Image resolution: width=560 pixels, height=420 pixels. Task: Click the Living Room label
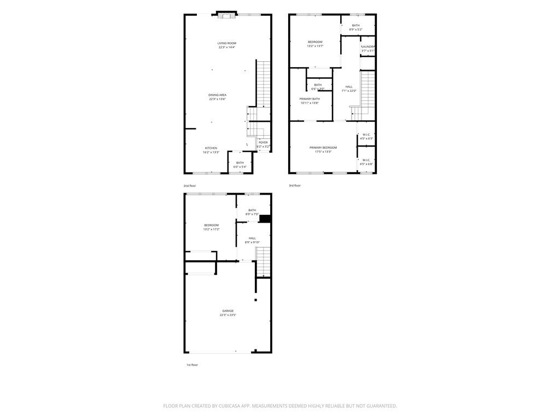point(226,43)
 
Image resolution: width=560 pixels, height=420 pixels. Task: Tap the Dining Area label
point(217,95)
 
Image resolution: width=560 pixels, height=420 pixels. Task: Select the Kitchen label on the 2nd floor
point(211,148)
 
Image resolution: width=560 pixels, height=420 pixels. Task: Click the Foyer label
point(263,143)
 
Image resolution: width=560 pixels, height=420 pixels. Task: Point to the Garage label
point(227,311)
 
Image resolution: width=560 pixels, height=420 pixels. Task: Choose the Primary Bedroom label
point(323,148)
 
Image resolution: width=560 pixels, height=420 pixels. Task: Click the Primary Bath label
point(310,99)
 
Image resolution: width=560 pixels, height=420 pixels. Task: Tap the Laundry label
point(368,47)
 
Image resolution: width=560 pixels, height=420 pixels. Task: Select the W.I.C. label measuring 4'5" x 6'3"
point(366,135)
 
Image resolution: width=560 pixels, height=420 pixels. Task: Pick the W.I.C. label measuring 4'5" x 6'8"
point(366,160)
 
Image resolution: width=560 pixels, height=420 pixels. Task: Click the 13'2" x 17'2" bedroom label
point(211,225)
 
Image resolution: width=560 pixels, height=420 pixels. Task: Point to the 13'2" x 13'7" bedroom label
point(315,42)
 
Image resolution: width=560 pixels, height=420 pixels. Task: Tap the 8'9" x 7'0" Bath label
point(252,210)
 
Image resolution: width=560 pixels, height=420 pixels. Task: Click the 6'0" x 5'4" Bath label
point(240,163)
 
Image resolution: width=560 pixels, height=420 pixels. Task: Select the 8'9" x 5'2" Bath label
point(356,26)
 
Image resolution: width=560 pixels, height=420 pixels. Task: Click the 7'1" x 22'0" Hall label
point(349,87)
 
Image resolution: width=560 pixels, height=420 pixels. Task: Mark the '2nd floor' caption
point(189,186)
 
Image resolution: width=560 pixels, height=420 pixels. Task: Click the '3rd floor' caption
point(295,185)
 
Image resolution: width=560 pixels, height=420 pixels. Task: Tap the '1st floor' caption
point(192,365)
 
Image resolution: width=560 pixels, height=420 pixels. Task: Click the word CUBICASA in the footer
point(231,406)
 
